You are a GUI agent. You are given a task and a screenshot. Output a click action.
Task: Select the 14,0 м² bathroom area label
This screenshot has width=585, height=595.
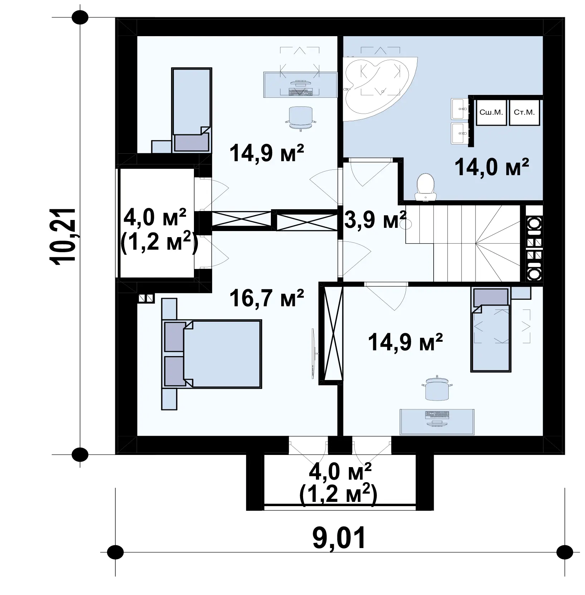tap(492, 167)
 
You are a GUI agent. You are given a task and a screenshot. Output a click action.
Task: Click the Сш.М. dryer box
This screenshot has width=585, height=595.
tap(491, 112)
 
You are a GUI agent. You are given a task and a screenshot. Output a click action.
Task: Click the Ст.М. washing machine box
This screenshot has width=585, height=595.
tap(524, 112)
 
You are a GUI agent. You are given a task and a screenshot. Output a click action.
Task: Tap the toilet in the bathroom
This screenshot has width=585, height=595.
tap(425, 187)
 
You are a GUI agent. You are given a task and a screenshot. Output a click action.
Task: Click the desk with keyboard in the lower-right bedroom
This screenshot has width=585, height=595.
tap(437, 422)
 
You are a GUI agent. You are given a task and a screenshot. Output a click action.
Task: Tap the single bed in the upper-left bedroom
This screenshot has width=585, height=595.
tap(192, 110)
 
